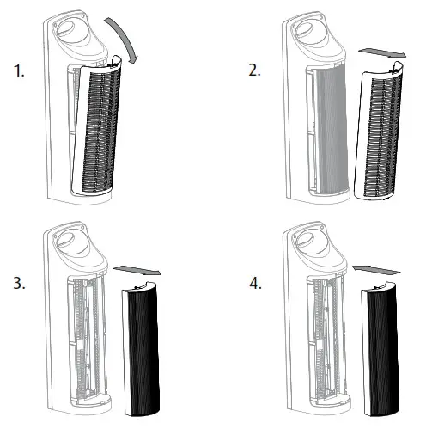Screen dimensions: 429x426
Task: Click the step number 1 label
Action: click(x=20, y=72)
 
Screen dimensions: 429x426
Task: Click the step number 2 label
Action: click(x=255, y=71)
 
